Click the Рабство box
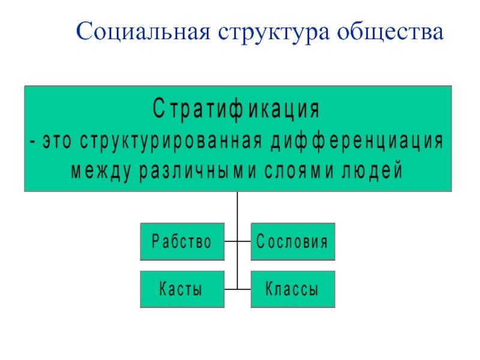click(182, 242)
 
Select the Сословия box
click(292, 242)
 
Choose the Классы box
click(292, 289)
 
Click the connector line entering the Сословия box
click(244, 242)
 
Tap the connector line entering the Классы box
click(244, 289)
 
